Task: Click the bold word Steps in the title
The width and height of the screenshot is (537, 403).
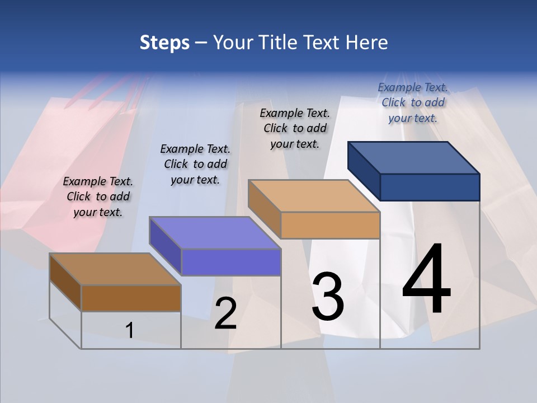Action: tap(164, 43)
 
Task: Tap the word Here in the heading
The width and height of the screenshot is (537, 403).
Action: tap(366, 43)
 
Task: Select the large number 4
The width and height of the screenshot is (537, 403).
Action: tap(426, 280)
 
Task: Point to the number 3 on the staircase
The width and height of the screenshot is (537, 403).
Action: tap(328, 297)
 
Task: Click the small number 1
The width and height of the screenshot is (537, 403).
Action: tap(130, 331)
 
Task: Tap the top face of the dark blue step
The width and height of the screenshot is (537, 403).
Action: tap(414, 157)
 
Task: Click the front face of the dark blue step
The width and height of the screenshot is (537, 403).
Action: tap(430, 187)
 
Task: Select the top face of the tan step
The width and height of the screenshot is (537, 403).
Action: tap(314, 196)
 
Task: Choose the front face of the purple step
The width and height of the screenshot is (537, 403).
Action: tap(230, 263)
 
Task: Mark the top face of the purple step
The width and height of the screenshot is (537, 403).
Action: tap(215, 233)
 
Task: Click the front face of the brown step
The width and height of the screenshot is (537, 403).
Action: tap(131, 298)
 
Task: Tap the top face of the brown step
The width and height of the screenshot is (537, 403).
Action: tap(115, 269)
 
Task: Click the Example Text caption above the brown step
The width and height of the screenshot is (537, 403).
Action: tap(98, 196)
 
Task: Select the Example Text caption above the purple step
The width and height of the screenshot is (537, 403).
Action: tap(195, 164)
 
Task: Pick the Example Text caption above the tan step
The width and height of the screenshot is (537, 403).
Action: tap(295, 128)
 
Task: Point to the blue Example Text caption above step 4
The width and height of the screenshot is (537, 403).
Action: tap(413, 102)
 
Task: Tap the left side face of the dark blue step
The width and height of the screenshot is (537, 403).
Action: tap(364, 171)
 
